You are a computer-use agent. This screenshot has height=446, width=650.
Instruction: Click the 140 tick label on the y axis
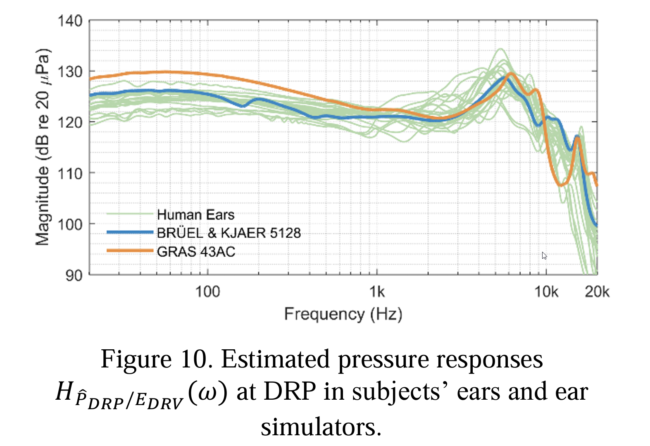click(x=70, y=21)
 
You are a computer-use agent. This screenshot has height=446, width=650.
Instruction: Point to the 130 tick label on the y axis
click(x=70, y=72)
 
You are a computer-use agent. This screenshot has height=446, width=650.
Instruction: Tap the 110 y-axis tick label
click(x=70, y=174)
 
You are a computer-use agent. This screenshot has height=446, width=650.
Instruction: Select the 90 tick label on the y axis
click(x=74, y=275)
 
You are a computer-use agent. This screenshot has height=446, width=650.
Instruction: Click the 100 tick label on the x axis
click(x=207, y=292)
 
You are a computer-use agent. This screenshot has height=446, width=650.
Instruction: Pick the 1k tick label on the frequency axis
click(x=377, y=292)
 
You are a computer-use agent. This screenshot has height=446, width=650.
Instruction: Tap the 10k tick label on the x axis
click(x=546, y=292)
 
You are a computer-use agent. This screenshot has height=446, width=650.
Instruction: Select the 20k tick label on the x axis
click(x=597, y=292)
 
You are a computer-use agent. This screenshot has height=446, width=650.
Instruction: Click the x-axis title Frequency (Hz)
click(x=343, y=314)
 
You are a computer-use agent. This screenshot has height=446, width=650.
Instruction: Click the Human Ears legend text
click(x=195, y=215)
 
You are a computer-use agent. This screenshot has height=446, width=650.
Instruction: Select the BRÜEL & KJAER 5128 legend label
click(x=229, y=233)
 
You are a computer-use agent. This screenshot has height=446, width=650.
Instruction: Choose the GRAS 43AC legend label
click(x=196, y=251)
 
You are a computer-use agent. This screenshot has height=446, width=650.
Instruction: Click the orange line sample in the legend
click(x=130, y=250)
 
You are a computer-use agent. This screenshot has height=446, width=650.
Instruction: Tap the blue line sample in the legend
click(x=130, y=232)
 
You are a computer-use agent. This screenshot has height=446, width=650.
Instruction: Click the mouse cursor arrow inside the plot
click(x=544, y=255)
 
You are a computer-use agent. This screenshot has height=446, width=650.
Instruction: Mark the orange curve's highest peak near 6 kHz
click(x=511, y=74)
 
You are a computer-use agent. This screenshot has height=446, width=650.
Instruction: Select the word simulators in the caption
click(x=321, y=427)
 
